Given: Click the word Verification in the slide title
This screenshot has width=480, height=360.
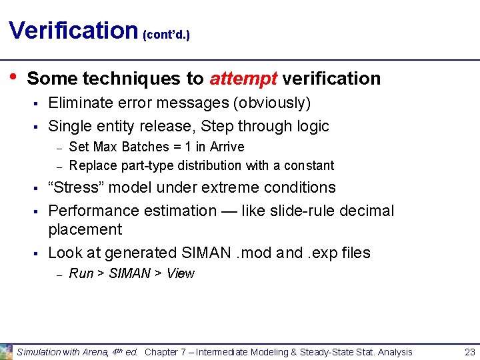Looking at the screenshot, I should (73, 30).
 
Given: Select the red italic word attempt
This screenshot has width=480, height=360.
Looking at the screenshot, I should (243, 79).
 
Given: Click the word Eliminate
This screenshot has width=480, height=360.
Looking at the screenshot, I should (81, 103).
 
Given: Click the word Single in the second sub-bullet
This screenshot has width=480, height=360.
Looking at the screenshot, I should (69, 126).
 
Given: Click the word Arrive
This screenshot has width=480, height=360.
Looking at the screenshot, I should (227, 147).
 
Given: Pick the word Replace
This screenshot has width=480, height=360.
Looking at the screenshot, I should (91, 165).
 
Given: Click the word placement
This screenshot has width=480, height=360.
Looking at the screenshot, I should (85, 229).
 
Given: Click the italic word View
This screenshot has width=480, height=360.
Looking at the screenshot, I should (181, 273).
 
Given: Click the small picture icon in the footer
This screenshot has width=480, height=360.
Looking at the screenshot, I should (6, 351).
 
